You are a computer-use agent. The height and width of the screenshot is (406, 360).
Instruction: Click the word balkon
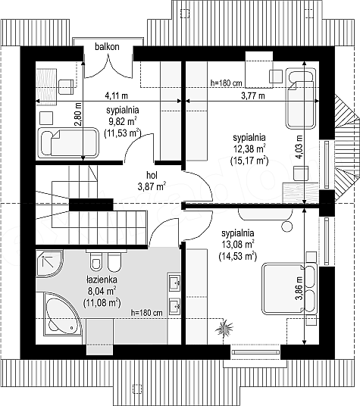pyautogui.click(x=107, y=47)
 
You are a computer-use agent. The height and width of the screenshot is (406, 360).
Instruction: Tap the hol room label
pyautogui.click(x=152, y=175)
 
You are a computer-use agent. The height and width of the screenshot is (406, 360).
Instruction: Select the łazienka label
pyautogui.click(x=102, y=280)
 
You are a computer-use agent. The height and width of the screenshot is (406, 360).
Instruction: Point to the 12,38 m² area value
pyautogui.click(x=249, y=149)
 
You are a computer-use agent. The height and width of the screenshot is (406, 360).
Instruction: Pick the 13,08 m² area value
pyautogui.click(x=238, y=244)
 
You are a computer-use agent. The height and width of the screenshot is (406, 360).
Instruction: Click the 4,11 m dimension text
pyautogui.click(x=116, y=95)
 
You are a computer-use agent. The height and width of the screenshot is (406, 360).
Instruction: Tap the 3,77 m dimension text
pyautogui.click(x=253, y=95)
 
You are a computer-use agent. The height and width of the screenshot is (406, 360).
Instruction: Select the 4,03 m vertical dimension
pyautogui.click(x=299, y=147)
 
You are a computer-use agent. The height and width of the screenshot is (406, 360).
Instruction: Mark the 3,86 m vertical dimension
pyautogui.click(x=299, y=288)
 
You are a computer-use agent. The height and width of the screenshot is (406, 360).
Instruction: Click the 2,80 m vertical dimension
pyautogui.click(x=78, y=114)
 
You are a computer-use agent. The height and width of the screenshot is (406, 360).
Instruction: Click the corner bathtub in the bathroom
pyautogui.click(x=63, y=314)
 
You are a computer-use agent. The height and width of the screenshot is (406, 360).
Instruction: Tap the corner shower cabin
pyautogui.click(x=49, y=263)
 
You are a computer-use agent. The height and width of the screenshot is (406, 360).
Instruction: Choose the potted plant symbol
pyautogui.click(x=224, y=327)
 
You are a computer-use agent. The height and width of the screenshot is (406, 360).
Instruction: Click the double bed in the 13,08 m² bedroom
pyautogui.click(x=290, y=289)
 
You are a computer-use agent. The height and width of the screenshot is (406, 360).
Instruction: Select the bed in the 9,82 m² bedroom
pyautogui.click(x=68, y=142)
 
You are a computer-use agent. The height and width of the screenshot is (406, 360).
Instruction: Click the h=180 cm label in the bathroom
pyautogui.click(x=147, y=313)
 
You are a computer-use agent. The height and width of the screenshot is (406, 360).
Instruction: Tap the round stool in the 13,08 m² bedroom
pyautogui.click(x=287, y=226)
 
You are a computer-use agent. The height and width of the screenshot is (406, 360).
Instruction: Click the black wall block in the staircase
pyautogui.click(x=91, y=205)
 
